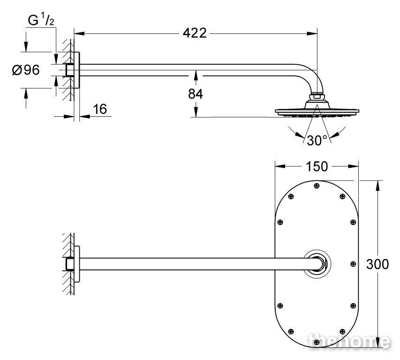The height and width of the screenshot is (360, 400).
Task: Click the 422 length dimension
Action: (195, 33)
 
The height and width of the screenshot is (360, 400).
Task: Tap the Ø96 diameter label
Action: (26, 70)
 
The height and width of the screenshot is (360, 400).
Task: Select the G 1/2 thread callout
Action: (41, 21)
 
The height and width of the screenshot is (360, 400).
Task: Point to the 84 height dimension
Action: (196, 94)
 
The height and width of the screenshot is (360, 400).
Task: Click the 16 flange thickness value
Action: (100, 109)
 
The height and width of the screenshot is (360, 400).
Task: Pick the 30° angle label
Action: (317, 141)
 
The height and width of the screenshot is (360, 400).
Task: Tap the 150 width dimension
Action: (317, 167)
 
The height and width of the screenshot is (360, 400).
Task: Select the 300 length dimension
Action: (377, 264)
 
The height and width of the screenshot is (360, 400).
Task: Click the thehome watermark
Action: (349, 341)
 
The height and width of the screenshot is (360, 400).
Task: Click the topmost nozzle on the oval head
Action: (317, 186)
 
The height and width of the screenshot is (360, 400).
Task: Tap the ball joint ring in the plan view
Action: (317, 264)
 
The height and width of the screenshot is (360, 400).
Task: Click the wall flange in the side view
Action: (76, 70)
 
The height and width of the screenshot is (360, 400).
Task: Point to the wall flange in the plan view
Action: (76, 264)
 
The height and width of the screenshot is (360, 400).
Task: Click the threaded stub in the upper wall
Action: (70, 70)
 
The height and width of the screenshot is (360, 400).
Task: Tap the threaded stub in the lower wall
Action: (70, 264)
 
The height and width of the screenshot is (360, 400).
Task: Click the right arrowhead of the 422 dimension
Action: (312, 33)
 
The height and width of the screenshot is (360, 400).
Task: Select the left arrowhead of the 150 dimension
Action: (280, 166)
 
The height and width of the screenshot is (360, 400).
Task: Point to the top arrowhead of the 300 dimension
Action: (377, 186)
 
